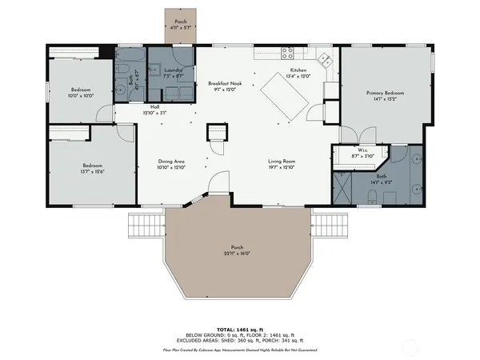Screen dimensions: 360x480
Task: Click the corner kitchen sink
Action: click(324, 58)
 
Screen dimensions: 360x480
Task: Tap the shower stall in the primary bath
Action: click(342, 189)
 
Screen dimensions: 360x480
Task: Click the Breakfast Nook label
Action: click(225, 83)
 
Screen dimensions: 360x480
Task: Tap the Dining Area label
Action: click(172, 162)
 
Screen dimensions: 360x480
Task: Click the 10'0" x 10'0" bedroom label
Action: click(82, 95)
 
